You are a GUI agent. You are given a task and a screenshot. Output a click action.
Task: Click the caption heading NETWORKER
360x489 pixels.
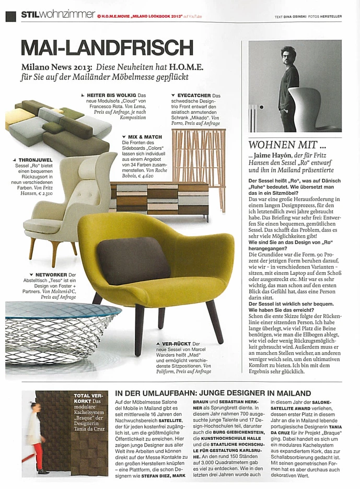point(51,275)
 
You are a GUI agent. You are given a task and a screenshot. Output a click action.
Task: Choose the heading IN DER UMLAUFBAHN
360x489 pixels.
point(212,393)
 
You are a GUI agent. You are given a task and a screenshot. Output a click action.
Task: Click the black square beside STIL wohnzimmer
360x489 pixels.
point(10,16)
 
